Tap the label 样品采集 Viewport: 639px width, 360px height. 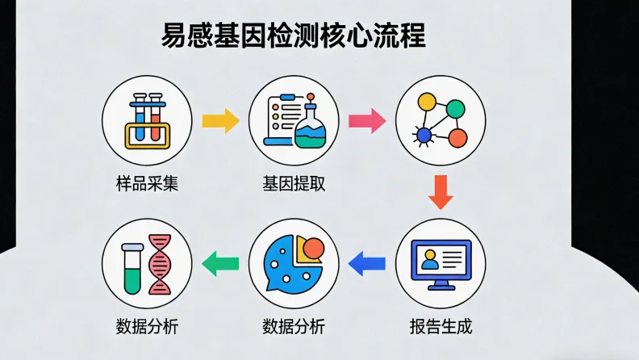147,182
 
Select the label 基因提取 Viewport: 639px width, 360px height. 294,182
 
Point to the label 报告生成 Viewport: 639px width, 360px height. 441,327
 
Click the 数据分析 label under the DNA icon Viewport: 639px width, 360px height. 147,327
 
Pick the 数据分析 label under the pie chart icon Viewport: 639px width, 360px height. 294,327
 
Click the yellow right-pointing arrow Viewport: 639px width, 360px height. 219,120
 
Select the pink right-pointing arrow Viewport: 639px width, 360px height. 365,120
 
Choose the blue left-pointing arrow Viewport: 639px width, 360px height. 366,262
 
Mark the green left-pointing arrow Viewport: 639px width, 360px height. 219,262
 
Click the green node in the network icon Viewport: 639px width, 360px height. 456,107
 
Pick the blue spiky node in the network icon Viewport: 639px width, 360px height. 422,136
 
